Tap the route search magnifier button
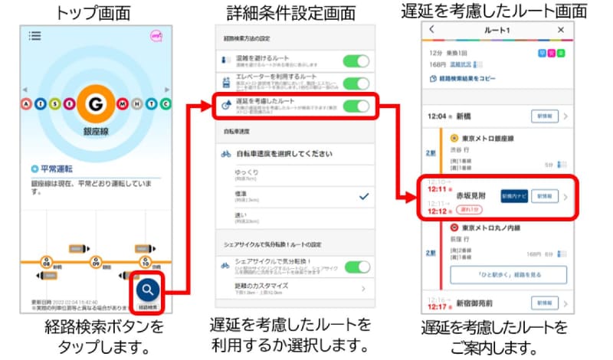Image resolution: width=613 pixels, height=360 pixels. (149, 290)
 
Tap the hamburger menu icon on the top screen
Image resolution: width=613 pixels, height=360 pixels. (34, 35)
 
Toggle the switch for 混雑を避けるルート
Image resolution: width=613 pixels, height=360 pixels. (356, 61)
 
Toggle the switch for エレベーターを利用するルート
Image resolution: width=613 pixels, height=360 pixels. (356, 83)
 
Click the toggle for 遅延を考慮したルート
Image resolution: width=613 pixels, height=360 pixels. (356, 106)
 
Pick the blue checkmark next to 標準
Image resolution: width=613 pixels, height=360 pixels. (363, 197)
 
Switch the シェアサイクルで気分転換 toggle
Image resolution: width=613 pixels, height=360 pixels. (356, 267)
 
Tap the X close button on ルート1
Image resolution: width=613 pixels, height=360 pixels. (560, 30)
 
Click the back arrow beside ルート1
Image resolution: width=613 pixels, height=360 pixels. (431, 30)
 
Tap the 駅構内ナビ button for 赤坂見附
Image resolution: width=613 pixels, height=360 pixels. (513, 196)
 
